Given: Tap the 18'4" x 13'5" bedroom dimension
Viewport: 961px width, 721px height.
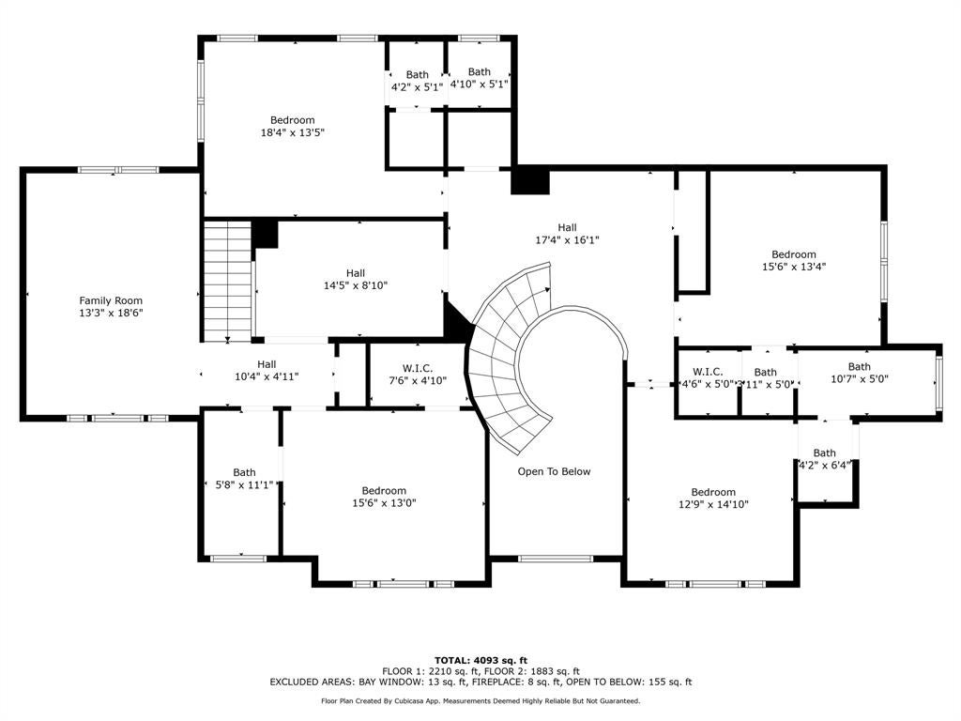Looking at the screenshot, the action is [293, 132].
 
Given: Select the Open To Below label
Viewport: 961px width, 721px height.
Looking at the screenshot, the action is [554, 471].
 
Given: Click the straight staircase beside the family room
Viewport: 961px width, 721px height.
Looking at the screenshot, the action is [228, 281].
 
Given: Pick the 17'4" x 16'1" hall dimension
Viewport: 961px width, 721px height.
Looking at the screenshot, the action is [567, 239].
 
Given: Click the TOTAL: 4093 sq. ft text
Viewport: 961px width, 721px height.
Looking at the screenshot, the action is [480, 660].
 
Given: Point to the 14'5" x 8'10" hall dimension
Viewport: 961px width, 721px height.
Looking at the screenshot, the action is [356, 285].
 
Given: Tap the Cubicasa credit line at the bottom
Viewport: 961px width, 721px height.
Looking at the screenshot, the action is [480, 700].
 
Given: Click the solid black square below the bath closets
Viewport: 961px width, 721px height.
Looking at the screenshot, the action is [530, 181].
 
